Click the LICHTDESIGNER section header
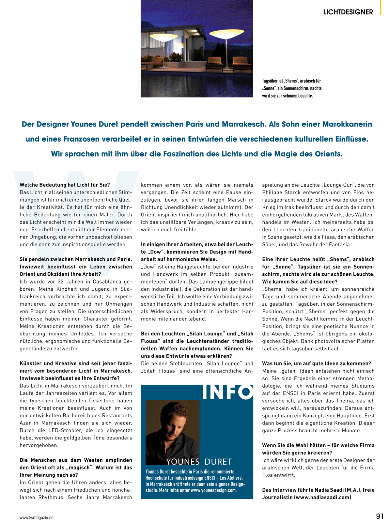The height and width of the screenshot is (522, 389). pos(348,12)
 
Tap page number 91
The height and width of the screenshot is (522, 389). pos(380,516)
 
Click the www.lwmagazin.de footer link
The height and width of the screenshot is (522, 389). pos(37,517)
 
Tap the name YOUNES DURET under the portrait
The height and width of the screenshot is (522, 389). pos(199,462)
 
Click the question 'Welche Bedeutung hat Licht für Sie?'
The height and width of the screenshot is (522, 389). pos(65,185)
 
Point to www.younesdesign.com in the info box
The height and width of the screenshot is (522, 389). pos(213,490)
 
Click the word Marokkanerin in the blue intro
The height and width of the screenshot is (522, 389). pos(347,124)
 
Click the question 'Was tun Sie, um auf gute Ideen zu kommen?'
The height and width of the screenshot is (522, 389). pos(317,363)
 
